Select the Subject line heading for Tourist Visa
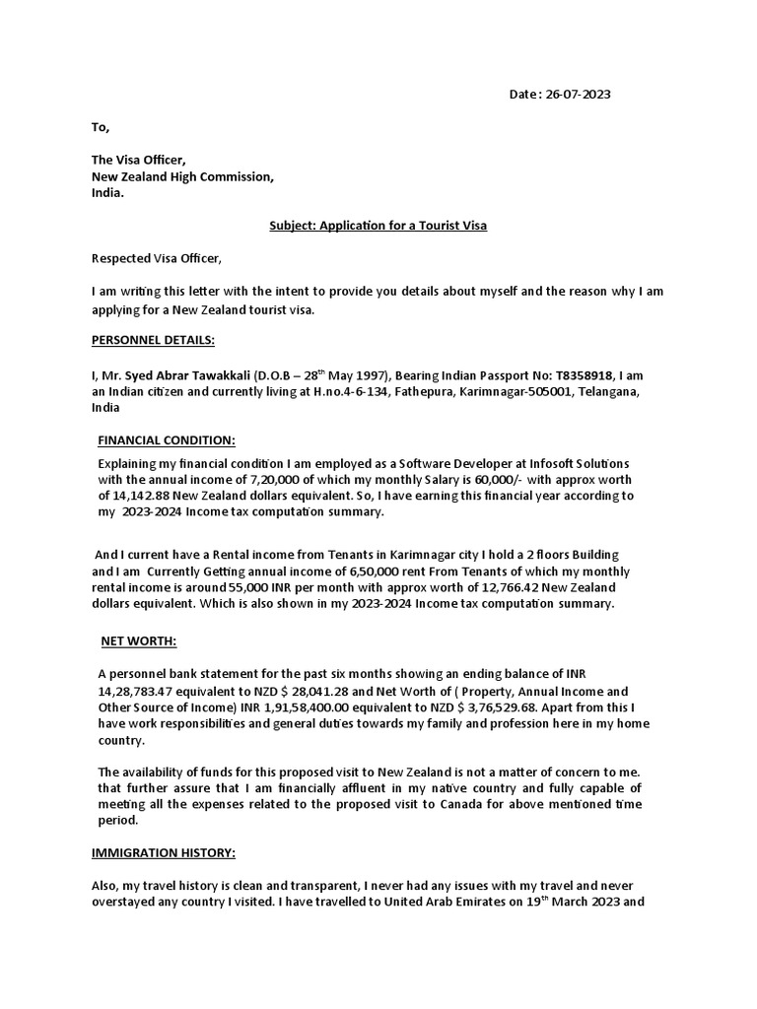[378, 226]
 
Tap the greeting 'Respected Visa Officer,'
[157, 259]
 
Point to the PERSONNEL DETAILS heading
[152, 340]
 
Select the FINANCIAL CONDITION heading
[167, 440]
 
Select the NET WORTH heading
[139, 641]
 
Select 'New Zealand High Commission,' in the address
[182, 177]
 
